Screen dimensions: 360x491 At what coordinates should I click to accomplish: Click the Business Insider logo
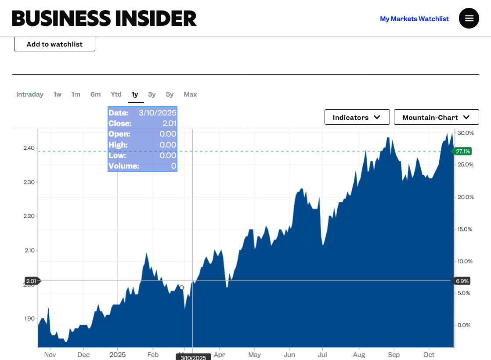click(104, 18)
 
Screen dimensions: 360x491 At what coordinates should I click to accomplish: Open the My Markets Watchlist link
click(414, 19)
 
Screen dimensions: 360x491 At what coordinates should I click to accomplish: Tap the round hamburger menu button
click(469, 18)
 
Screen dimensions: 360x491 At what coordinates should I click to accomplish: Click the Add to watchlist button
click(54, 44)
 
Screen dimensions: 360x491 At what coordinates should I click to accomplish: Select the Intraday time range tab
click(30, 94)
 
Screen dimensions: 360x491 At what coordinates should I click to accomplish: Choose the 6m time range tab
click(95, 94)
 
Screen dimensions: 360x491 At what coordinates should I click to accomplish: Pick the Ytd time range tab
click(116, 94)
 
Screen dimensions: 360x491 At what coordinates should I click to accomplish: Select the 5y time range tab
click(170, 94)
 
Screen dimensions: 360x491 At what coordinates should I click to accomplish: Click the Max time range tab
click(190, 94)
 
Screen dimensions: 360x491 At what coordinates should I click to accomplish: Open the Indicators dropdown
click(357, 117)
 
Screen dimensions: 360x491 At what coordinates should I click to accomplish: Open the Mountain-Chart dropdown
click(436, 117)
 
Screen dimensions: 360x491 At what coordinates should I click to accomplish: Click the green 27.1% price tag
click(462, 151)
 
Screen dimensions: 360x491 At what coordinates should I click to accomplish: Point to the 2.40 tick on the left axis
click(29, 148)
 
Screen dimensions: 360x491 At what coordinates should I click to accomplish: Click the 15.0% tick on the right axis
click(466, 229)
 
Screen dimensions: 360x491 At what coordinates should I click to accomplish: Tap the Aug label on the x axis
click(359, 355)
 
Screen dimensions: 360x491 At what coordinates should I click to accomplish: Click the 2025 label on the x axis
click(118, 355)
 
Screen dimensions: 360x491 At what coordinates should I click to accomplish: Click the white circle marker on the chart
click(182, 288)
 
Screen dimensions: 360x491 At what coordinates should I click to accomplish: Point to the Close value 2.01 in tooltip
click(169, 123)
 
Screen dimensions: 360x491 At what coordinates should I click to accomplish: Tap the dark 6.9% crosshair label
click(462, 281)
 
